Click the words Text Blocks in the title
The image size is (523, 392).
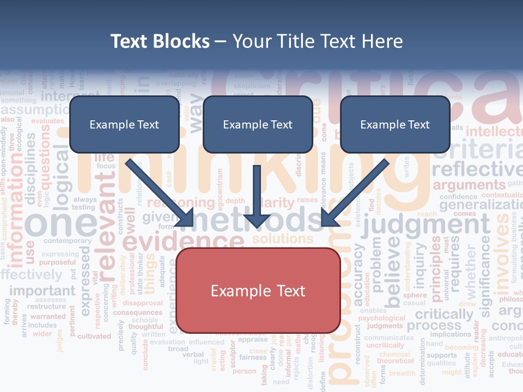160,41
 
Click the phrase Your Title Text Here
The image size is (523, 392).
318,41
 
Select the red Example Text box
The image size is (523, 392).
258,291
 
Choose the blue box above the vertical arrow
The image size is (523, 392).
257,125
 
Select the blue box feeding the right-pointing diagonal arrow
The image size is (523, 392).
124,125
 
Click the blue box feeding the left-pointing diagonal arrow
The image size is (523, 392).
395,125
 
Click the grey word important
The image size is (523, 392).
42,290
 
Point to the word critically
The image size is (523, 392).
444,314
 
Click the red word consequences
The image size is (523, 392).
137,313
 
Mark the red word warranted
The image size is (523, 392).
48,316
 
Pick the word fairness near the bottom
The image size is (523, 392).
253,358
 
